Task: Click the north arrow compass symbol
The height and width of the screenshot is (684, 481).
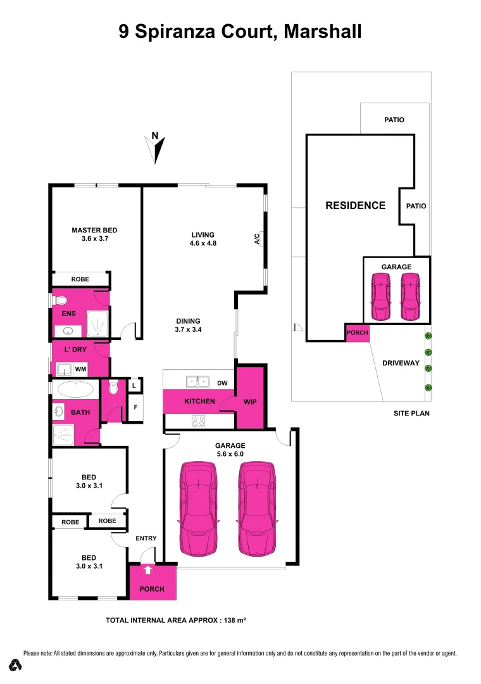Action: (156, 148)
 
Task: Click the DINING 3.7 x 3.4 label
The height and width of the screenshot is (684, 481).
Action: (187, 325)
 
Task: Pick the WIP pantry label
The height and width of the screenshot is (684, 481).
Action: (250, 402)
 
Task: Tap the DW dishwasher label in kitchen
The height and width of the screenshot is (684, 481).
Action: (222, 383)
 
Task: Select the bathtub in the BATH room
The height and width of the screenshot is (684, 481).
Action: (75, 388)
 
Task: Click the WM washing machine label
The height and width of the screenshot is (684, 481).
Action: (81, 369)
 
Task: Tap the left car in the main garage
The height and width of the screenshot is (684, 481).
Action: (199, 509)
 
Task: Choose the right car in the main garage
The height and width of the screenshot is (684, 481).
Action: (258, 509)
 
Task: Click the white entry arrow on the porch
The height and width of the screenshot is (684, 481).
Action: (149, 570)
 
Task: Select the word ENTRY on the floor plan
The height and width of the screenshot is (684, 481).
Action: (146, 538)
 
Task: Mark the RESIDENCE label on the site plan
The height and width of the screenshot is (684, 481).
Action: (355, 205)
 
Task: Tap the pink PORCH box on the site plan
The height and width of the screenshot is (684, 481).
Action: (357, 333)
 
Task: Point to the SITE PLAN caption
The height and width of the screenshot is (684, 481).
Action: (411, 413)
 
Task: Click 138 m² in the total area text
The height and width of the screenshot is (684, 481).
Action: (232, 621)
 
